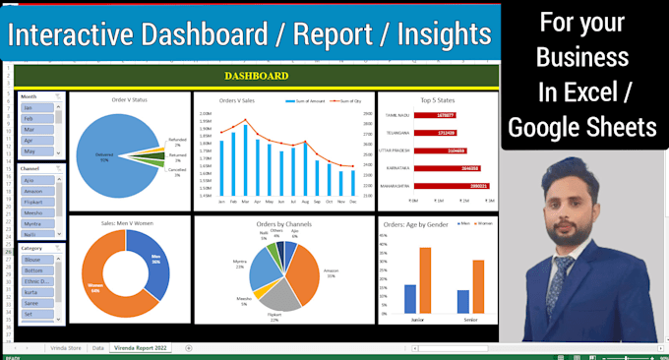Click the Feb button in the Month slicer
click(31, 118)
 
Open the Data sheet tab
click(97, 348)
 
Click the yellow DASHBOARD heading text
click(256, 76)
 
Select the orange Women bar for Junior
click(426, 279)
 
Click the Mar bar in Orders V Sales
click(231, 157)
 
